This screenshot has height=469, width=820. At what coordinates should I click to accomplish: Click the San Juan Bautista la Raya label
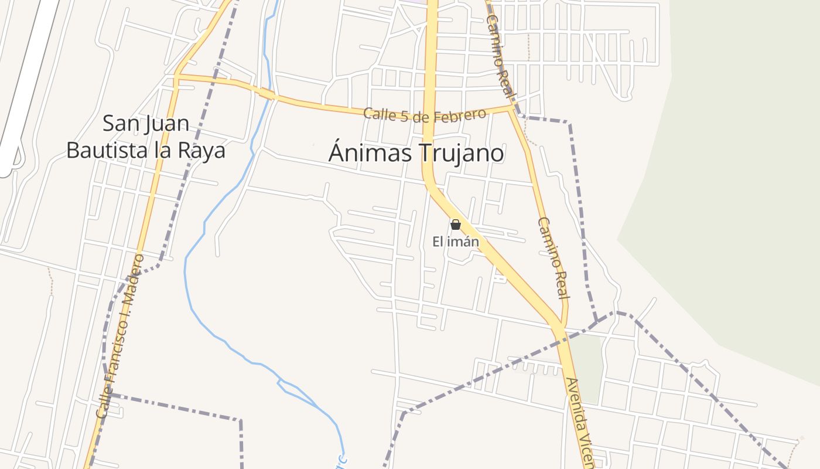click(146, 137)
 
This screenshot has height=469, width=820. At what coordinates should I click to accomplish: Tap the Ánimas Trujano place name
click(416, 153)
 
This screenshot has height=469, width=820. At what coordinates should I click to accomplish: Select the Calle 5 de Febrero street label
click(425, 114)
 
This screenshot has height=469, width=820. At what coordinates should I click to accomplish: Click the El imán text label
click(456, 242)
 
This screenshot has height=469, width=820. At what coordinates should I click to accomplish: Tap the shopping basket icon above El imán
click(456, 225)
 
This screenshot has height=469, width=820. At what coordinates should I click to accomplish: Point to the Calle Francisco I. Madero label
click(119, 336)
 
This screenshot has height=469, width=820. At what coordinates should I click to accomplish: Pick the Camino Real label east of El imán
click(553, 258)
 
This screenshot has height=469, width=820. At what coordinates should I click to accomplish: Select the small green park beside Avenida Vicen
click(586, 366)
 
